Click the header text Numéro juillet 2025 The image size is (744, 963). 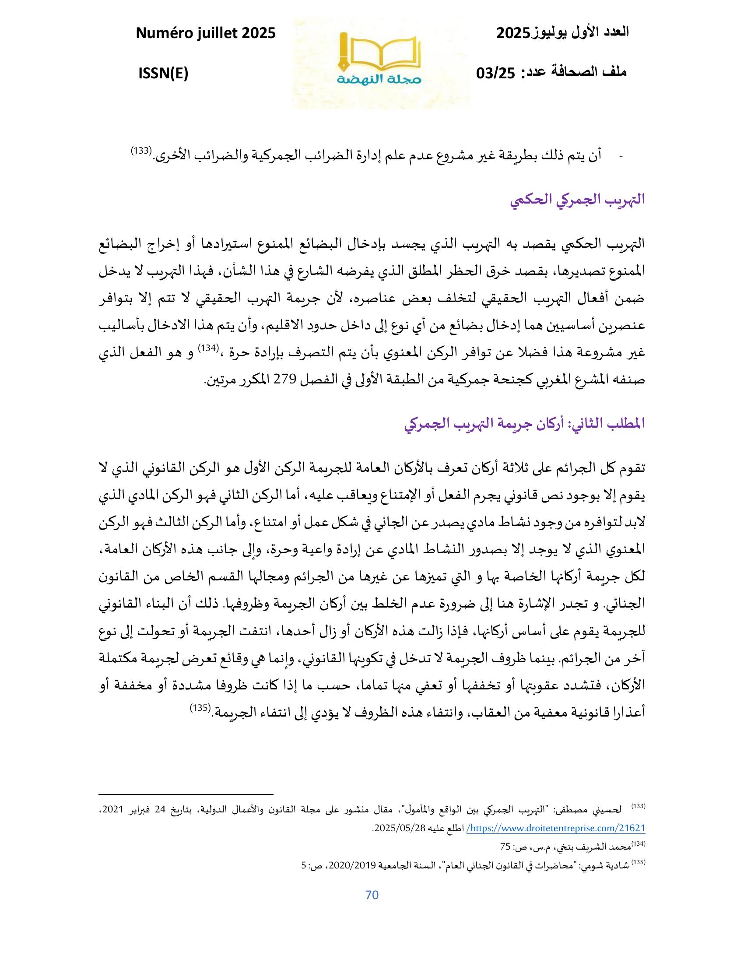(205, 33)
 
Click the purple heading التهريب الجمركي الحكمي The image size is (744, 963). (577, 200)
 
